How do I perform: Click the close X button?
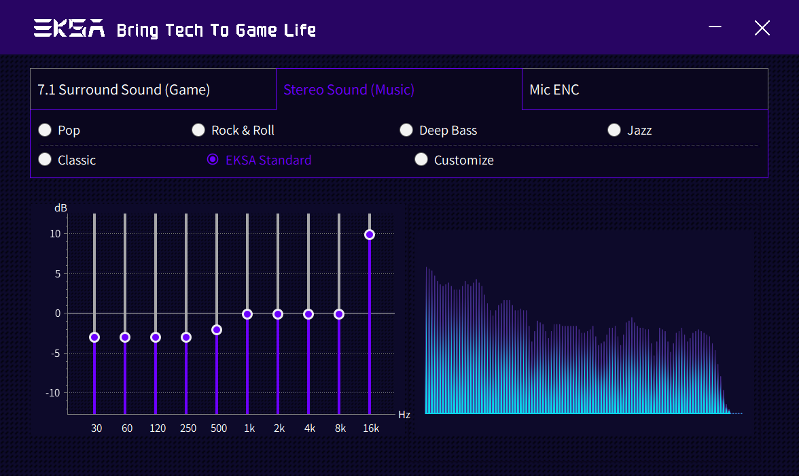(x=762, y=28)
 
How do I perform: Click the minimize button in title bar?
(x=715, y=27)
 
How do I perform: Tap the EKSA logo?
(x=69, y=29)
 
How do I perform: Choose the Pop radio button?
(x=45, y=130)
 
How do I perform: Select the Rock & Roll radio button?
(x=198, y=130)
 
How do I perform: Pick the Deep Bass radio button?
(x=406, y=130)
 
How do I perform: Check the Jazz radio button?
(x=614, y=130)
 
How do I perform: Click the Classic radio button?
(x=45, y=160)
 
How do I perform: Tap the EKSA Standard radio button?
(x=213, y=160)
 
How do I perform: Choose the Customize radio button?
(x=421, y=160)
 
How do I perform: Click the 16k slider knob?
(x=370, y=235)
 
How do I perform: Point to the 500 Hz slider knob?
(x=217, y=330)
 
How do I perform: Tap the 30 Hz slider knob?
(x=94, y=337)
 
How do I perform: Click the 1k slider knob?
(x=247, y=314)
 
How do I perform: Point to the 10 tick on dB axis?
(x=55, y=234)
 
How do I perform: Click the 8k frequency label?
(x=340, y=428)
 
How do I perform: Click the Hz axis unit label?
(x=404, y=415)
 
